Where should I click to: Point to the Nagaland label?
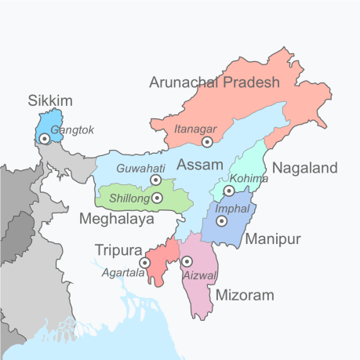pyautogui.click(x=304, y=168)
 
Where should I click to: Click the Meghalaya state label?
pyautogui.click(x=117, y=220)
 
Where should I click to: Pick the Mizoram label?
pyautogui.click(x=245, y=295)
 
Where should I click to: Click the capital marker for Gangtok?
pyautogui.click(x=45, y=139)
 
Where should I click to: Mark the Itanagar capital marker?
pyautogui.click(x=207, y=142)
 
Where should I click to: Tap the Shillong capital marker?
pyautogui.click(x=157, y=198)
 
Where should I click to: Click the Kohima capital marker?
pyautogui.click(x=229, y=191)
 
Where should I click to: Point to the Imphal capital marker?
pyautogui.click(x=222, y=221)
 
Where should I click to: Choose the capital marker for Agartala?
pyautogui.click(x=145, y=263)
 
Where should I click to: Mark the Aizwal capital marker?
pyautogui.click(x=186, y=261)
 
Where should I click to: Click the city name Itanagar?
pyautogui.click(x=195, y=126)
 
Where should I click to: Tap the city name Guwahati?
pyautogui.click(x=140, y=169)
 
